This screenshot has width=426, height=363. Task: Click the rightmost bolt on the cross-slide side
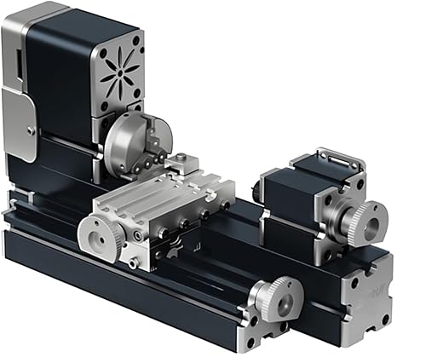tap(226, 205)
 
